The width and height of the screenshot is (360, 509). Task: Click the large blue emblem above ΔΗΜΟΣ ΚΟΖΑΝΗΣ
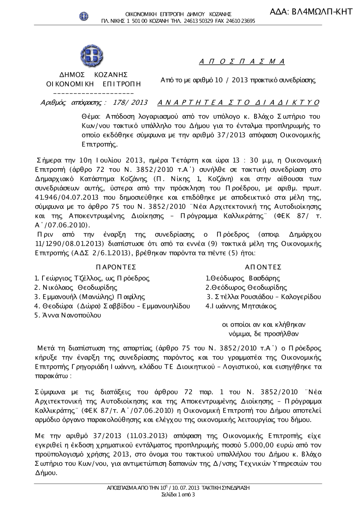(x=91, y=56)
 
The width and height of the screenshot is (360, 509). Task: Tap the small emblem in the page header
(x=84, y=16)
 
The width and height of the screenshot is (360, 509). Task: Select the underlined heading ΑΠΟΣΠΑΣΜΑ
(x=242, y=62)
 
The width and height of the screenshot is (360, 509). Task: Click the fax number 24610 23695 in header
(x=241, y=21)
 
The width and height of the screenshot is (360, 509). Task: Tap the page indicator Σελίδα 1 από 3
(x=178, y=495)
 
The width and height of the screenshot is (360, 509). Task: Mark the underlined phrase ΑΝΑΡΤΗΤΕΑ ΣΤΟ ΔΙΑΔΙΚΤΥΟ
(x=238, y=103)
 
